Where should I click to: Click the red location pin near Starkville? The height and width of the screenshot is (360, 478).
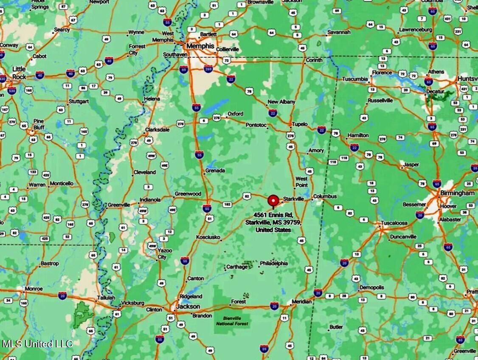pyautogui.click(x=273, y=200)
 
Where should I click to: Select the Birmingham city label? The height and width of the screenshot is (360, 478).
pyautogui.click(x=458, y=193)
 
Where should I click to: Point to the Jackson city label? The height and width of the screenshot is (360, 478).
pyautogui.click(x=188, y=307)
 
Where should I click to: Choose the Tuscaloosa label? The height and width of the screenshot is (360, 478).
pyautogui.click(x=394, y=223)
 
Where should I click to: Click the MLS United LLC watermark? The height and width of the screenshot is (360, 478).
pyautogui.click(x=37, y=344)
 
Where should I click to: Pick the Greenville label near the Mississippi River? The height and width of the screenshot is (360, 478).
pyautogui.click(x=119, y=205)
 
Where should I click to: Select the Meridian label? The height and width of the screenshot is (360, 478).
pyautogui.click(x=302, y=301)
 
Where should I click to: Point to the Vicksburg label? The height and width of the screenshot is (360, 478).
pyautogui.click(x=132, y=303)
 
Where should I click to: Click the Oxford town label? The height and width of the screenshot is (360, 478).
pyautogui.click(x=235, y=114)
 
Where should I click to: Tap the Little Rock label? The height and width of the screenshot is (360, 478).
pyautogui.click(x=19, y=73)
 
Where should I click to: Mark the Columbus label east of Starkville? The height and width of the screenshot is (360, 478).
pyautogui.click(x=325, y=197)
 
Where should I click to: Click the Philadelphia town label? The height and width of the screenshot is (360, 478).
pyautogui.click(x=274, y=263)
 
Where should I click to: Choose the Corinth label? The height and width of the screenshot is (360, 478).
pyautogui.click(x=314, y=60)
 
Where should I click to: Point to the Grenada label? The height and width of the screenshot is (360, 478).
pyautogui.click(x=215, y=171)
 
